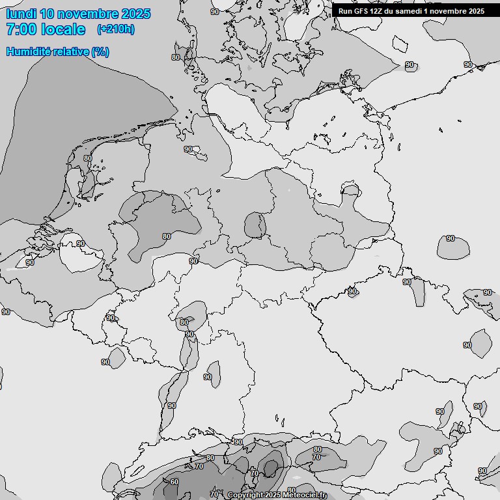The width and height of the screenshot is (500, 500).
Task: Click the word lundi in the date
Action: tap(21, 14)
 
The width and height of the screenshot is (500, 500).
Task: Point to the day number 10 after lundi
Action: tap(47, 14)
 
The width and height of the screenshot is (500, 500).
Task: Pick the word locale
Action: tap(62, 29)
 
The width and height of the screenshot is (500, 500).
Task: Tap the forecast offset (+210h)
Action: tap(115, 29)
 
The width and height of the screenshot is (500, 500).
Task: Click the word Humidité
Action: tap(27, 51)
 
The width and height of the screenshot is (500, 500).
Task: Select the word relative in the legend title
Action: tap(69, 51)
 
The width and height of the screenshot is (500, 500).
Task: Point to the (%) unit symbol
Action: tap(100, 51)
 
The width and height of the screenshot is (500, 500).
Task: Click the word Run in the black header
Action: tap(345, 11)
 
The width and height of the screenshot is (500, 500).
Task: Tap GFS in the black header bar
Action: tap(361, 11)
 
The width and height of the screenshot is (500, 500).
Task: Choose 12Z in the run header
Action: tap(378, 11)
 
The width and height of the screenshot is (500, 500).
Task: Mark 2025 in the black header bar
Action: tap(476, 11)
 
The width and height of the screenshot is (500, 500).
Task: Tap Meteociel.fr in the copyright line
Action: tap(305, 495)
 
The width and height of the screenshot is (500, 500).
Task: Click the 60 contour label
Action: tap(174, 482)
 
